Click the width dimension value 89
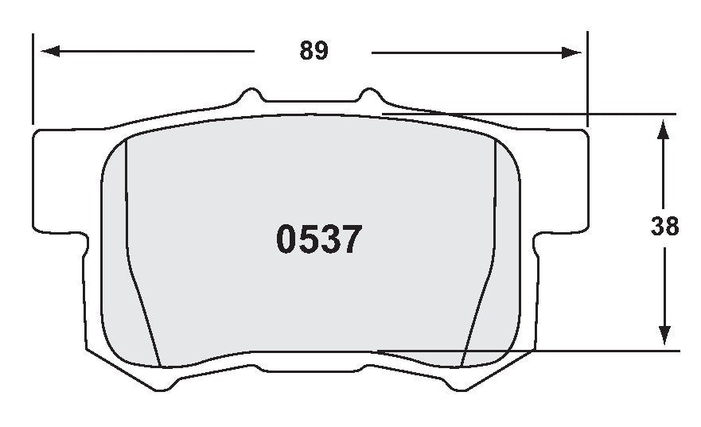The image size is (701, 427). click(x=314, y=51)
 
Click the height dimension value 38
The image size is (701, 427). click(x=664, y=227)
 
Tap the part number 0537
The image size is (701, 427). click(x=319, y=239)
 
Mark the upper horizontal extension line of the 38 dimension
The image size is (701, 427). click(x=557, y=115)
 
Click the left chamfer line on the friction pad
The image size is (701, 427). click(x=137, y=278)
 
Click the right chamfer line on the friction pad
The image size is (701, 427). click(x=485, y=278)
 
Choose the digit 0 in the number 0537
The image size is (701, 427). click(x=287, y=239)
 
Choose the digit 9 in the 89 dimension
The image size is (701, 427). click(x=321, y=51)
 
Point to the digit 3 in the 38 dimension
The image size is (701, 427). click(x=658, y=227)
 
